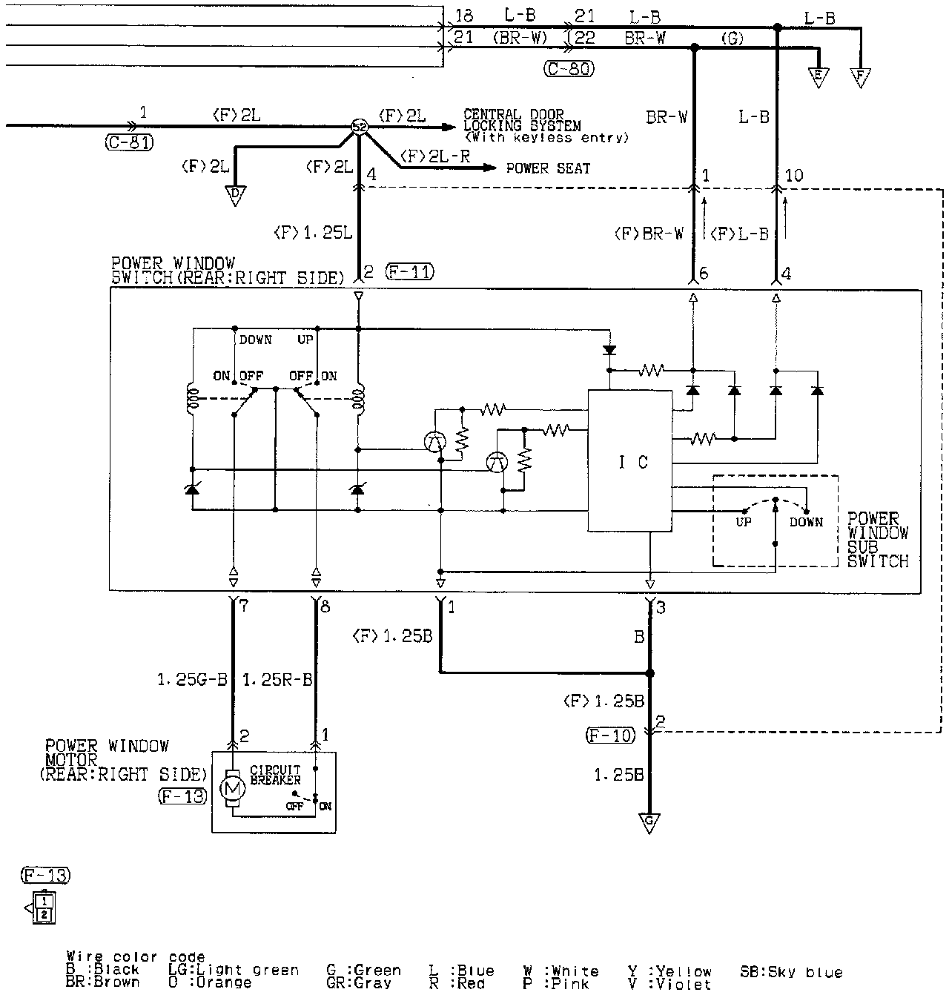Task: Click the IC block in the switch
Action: tap(630, 461)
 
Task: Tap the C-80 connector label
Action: tap(569, 69)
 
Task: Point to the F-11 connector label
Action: tap(409, 272)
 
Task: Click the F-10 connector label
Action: tap(610, 735)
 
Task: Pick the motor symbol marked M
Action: tap(233, 790)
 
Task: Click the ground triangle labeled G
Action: tap(649, 822)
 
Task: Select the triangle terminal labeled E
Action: tap(819, 76)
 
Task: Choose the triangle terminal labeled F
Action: tap(860, 76)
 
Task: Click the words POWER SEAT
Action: tap(548, 168)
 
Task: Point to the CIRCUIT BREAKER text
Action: tap(275, 775)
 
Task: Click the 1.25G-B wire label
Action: tap(192, 679)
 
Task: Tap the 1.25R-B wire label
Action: tap(277, 679)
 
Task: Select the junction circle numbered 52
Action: tap(359, 128)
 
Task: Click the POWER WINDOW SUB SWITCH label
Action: tap(878, 540)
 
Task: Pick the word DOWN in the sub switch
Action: tap(806, 522)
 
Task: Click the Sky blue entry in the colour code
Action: tap(791, 972)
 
